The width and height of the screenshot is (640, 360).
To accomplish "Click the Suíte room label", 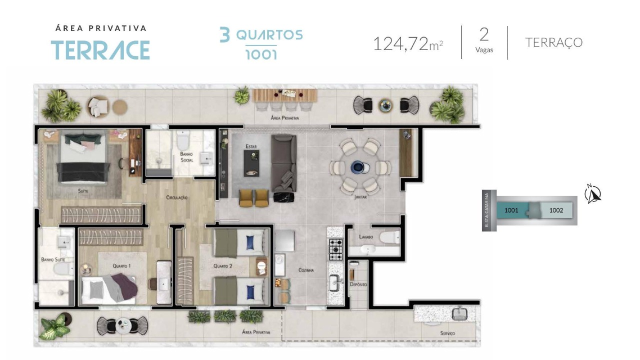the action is (83, 190).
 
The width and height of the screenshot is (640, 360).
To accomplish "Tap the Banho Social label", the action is (186, 157).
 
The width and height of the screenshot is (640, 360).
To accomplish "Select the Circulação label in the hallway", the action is (177, 197).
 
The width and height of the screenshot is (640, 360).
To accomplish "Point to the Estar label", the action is (251, 146).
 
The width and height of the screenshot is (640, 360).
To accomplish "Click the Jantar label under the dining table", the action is (360, 197).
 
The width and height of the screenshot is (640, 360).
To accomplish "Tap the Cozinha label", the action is (306, 270).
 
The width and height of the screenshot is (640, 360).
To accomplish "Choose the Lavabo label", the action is (366, 237).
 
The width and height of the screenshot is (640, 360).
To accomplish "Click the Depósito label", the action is (358, 284).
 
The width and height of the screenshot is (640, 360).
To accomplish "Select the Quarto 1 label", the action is (121, 266).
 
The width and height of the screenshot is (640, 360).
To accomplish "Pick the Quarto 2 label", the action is (223, 266).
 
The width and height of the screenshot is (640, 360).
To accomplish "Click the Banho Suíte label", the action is (53, 259).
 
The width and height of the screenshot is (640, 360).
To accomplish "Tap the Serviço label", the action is (447, 333).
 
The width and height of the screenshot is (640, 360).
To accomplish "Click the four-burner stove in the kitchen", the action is (335, 249).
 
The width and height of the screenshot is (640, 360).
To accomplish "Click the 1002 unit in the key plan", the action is (556, 210).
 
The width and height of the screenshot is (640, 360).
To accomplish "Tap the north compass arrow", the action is (593, 194).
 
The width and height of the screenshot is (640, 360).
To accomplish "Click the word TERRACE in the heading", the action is (100, 50).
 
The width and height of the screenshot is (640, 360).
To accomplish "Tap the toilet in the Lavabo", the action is (389, 237).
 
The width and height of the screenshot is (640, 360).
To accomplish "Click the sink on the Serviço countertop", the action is (459, 314).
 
